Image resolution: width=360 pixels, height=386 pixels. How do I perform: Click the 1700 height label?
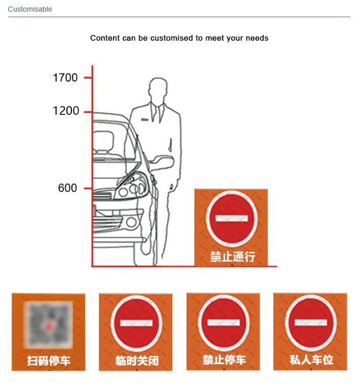(x=65, y=78)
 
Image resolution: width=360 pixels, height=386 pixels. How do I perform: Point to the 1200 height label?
(x=66, y=111)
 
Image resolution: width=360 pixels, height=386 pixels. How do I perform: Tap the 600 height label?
(x=67, y=188)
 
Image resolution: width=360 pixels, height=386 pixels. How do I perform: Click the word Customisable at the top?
(x=30, y=9)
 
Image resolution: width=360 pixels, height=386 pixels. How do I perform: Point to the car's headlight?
(x=132, y=186)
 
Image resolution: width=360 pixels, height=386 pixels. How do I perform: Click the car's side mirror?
(x=161, y=163)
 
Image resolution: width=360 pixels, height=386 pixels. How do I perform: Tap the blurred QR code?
(x=48, y=325)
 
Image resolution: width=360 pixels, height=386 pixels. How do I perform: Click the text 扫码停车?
(x=49, y=361)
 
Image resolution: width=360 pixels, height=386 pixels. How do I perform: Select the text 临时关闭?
(x=137, y=361)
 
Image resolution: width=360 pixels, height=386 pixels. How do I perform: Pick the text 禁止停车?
(x=224, y=360)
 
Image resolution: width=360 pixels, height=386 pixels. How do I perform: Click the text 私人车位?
(x=311, y=360)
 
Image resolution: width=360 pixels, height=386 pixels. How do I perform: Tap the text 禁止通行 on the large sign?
(x=232, y=257)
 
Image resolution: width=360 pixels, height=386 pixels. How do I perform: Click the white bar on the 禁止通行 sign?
(x=232, y=219)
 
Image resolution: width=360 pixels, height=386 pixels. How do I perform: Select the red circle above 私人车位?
(x=311, y=323)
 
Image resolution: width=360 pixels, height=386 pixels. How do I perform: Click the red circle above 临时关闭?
(x=136, y=323)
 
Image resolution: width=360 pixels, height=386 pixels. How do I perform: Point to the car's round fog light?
(x=131, y=222)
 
